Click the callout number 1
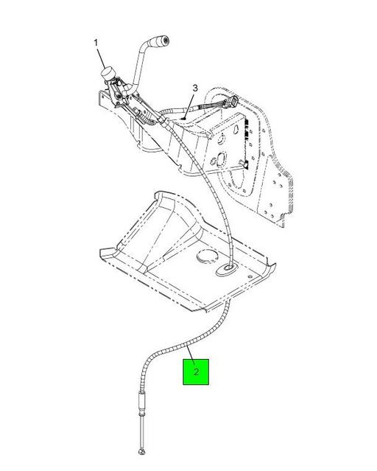pos(96,43)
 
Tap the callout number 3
pos(195,88)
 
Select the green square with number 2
pos(196,372)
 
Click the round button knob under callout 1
pos(108,73)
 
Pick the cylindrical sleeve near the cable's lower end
pos(141,402)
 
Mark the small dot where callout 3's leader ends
pos(184,119)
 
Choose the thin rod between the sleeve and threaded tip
pos(140,430)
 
